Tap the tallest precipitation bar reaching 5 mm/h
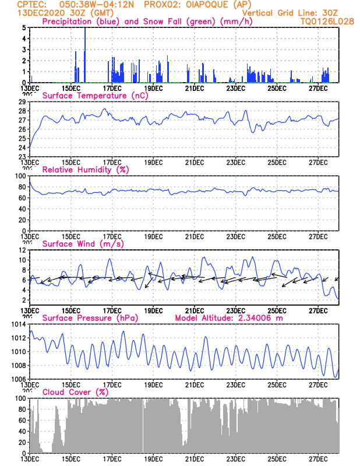[85, 55]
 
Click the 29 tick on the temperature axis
[21, 102]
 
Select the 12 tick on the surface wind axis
[21, 250]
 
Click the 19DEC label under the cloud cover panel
[153, 459]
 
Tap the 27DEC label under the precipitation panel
[318, 88]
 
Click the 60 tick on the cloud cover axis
[21, 421]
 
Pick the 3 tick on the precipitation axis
[23, 50]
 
